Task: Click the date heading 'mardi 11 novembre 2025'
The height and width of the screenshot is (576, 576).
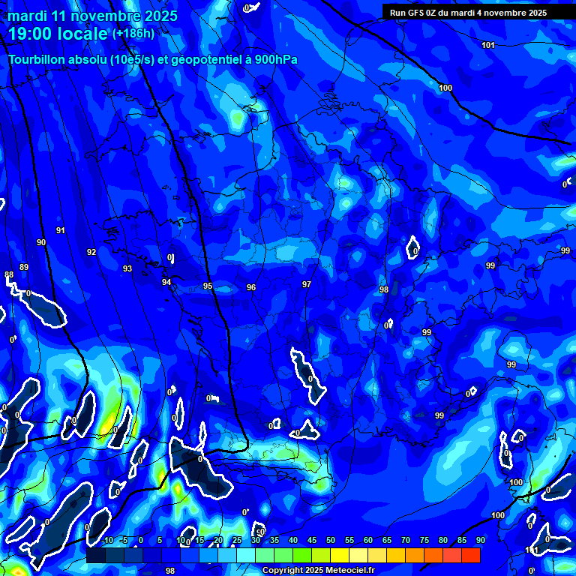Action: pyautogui.click(x=93, y=16)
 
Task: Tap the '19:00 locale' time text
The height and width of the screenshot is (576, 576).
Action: pyautogui.click(x=58, y=34)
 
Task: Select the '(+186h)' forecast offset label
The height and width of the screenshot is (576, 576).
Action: pyautogui.click(x=133, y=34)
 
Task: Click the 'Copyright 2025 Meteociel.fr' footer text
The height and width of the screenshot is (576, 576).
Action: pyautogui.click(x=318, y=571)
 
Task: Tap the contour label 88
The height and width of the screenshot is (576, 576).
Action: pyautogui.click(x=9, y=275)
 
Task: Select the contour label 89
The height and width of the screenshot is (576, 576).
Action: pyautogui.click(x=24, y=267)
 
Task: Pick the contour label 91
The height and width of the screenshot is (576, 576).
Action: pyautogui.click(x=61, y=230)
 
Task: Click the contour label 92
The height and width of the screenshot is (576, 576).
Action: pyautogui.click(x=91, y=252)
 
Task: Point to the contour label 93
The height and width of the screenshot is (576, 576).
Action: pyautogui.click(x=127, y=268)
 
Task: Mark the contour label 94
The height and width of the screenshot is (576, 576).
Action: pyautogui.click(x=166, y=282)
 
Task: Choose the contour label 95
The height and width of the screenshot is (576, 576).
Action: pyautogui.click(x=208, y=286)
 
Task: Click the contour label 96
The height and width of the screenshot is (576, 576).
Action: pyautogui.click(x=251, y=287)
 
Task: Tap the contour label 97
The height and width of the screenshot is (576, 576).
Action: pyautogui.click(x=307, y=284)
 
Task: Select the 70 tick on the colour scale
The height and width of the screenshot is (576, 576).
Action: pyautogui.click(x=406, y=540)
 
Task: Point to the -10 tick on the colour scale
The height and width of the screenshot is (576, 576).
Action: pyautogui.click(x=106, y=540)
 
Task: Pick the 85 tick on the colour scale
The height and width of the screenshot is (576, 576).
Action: pyautogui.click(x=462, y=540)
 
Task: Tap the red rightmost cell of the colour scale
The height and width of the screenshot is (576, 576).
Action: pyautogui.click(x=471, y=555)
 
